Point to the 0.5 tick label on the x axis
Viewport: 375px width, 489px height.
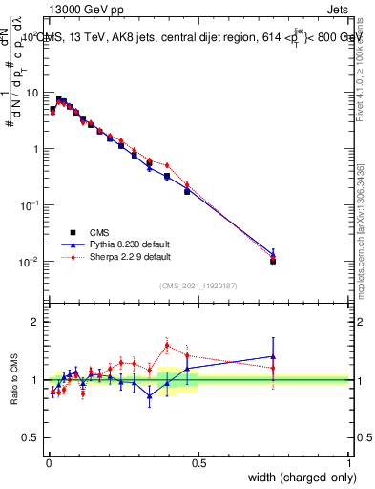pyautogui.click(x=198, y=462)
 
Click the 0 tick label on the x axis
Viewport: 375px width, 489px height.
pyautogui.click(x=48, y=462)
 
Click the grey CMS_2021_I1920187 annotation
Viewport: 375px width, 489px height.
pyautogui.click(x=198, y=284)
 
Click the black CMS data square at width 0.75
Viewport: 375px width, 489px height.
pyautogui.click(x=273, y=261)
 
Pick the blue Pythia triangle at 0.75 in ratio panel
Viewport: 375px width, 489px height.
pyautogui.click(x=273, y=356)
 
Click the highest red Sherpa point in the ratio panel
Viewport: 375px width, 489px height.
pyautogui.click(x=167, y=345)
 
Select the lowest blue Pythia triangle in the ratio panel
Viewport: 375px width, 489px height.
pyautogui.click(x=149, y=395)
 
